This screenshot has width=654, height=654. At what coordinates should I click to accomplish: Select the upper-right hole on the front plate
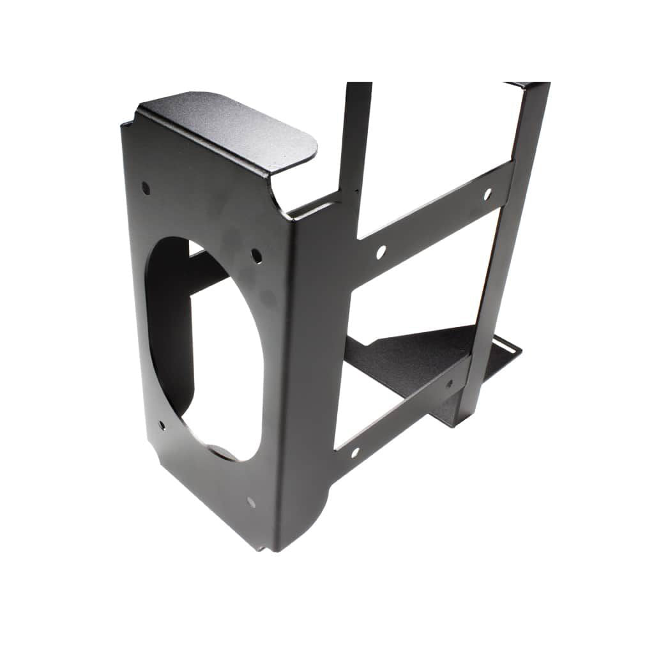click(256, 255)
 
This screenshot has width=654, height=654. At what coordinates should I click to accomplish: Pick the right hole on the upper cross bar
click(487, 192)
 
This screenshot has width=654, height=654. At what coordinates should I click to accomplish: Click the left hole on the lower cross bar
click(355, 452)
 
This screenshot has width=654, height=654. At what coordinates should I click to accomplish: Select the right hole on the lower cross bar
click(449, 384)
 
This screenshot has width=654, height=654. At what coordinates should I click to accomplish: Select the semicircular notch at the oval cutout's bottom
click(224, 452)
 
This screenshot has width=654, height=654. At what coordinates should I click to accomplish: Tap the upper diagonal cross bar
click(434, 211)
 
